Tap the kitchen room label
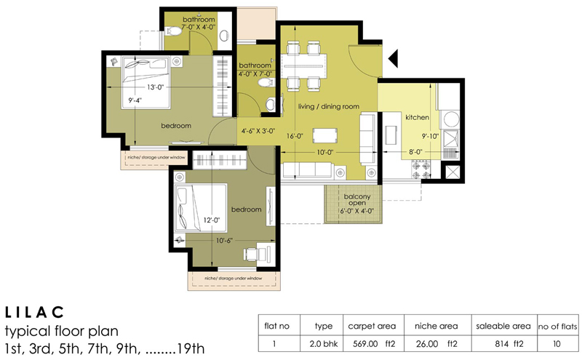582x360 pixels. (418, 117)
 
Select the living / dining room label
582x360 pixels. (329, 107)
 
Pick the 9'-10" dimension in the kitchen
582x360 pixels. (430, 135)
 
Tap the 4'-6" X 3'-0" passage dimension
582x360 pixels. (259, 132)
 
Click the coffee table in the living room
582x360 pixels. (324, 136)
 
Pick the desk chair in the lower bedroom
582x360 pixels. (252, 254)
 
